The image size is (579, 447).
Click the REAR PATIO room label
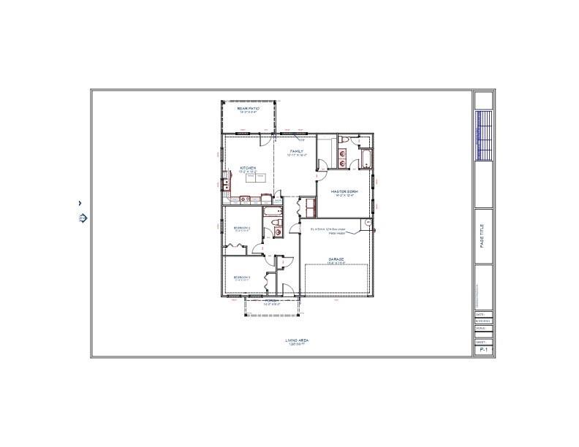[249, 108]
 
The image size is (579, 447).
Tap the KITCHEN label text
[249, 169]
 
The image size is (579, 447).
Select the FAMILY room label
[296, 151]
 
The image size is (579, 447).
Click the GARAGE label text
[336, 259]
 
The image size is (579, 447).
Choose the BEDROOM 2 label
[242, 228]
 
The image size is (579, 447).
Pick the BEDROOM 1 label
[242, 278]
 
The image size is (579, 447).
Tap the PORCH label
[271, 301]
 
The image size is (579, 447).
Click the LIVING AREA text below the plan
[295, 340]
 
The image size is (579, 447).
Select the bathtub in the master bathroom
[366, 159]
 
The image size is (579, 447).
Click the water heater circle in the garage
[368, 223]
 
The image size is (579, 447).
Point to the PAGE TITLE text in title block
[482, 236]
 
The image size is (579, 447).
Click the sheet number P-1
[482, 351]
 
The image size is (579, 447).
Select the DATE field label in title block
[480, 315]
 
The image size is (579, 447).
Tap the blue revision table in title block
[483, 135]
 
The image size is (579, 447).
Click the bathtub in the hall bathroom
[272, 213]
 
